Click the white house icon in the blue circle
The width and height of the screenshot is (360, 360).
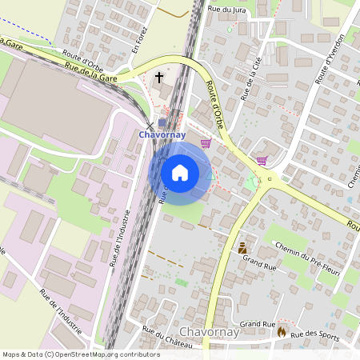click(180, 172)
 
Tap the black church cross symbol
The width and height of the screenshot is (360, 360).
click(159, 78)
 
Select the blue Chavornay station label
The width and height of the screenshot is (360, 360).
click(162, 134)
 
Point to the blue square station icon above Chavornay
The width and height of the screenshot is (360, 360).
click(162, 122)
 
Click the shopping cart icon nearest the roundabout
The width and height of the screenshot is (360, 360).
click(261, 160)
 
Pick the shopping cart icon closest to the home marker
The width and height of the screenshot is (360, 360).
click(206, 143)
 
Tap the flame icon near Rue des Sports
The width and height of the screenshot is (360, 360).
click(282, 330)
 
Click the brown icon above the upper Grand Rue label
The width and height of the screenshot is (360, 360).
click(242, 248)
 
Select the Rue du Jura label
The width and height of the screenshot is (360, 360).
click(226, 8)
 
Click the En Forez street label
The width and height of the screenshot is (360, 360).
click(141, 39)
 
